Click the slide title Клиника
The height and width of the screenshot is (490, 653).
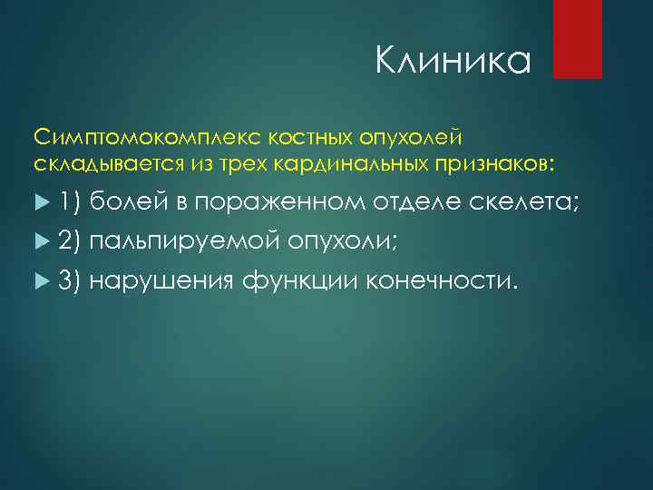tap(452, 64)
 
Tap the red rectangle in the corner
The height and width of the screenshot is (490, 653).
tap(578, 39)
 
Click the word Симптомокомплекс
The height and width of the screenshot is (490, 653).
tap(121, 136)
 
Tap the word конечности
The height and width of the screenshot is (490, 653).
tap(443, 281)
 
